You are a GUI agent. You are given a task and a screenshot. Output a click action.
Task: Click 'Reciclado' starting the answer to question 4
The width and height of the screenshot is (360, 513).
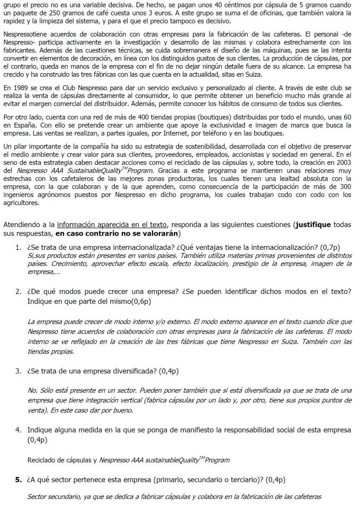(44, 460)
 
